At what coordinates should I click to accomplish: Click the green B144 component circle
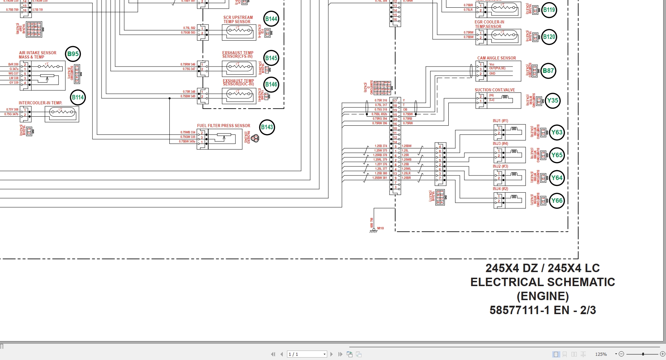(x=271, y=19)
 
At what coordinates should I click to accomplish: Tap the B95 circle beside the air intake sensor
(x=73, y=54)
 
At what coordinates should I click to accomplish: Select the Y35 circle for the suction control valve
(x=552, y=101)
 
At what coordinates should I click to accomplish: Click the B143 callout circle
(x=267, y=127)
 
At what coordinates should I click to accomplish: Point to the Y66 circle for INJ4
(x=556, y=201)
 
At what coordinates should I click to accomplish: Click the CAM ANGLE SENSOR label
(x=496, y=58)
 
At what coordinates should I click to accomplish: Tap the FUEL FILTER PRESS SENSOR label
(x=223, y=126)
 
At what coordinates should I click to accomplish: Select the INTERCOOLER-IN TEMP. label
(x=40, y=103)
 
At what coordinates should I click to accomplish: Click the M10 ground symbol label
(x=380, y=228)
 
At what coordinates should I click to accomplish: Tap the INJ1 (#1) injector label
(x=500, y=121)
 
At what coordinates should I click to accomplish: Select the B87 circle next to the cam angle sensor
(x=548, y=71)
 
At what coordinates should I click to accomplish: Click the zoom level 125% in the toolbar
(x=601, y=354)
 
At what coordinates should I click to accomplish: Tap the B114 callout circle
(x=78, y=97)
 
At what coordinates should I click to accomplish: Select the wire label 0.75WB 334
(x=188, y=132)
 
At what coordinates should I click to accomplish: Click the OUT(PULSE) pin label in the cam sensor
(x=497, y=68)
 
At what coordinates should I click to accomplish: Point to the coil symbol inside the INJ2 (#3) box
(x=514, y=174)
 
